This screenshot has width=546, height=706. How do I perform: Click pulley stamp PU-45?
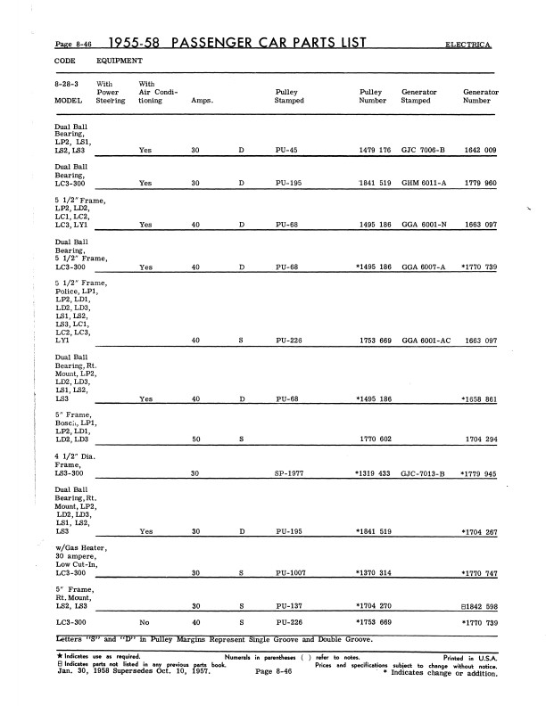[x=286, y=151]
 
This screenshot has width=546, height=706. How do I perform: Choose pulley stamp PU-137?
[x=288, y=605]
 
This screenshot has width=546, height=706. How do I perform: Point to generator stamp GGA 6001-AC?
[x=426, y=341]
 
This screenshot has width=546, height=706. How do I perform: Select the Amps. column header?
[x=201, y=101]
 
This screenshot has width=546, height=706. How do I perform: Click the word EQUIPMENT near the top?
[x=119, y=61]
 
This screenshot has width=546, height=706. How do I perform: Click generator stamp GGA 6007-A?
[x=424, y=267]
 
